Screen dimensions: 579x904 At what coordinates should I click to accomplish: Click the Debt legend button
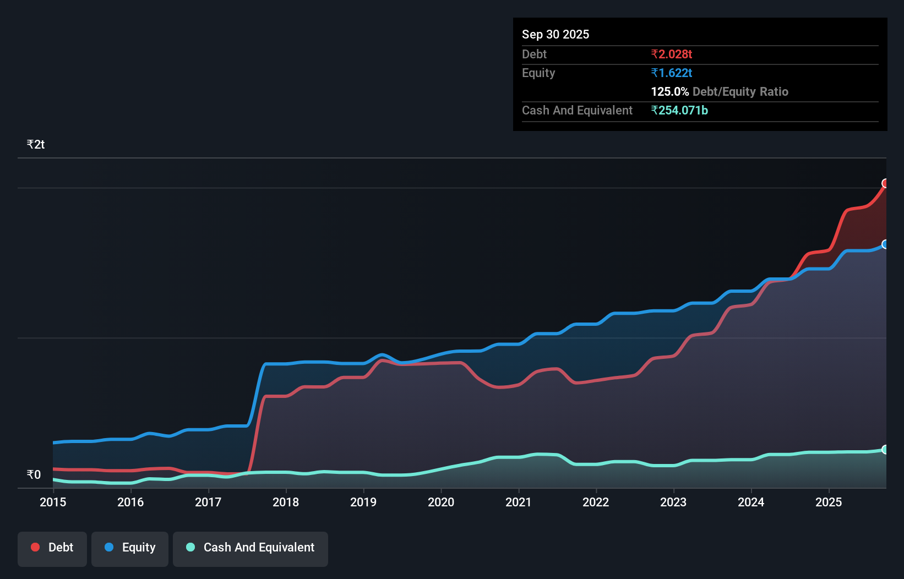(52, 548)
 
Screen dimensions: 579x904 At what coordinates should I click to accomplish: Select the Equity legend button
(130, 548)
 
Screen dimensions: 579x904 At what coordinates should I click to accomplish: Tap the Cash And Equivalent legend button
(250, 548)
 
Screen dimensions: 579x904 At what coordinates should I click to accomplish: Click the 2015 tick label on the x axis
(53, 502)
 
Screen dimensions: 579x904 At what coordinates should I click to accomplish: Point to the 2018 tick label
(286, 502)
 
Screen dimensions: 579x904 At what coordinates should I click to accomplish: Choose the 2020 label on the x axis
(441, 502)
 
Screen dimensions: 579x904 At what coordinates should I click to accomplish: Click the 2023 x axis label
(673, 502)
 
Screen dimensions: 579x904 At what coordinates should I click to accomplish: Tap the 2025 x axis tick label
(829, 502)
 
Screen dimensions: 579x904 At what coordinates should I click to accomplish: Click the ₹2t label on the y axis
(36, 145)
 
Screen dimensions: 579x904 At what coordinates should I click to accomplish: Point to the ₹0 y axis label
(34, 474)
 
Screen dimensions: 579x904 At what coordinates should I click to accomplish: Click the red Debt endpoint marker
(885, 183)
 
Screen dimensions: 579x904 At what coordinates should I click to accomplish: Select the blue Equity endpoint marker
(885, 244)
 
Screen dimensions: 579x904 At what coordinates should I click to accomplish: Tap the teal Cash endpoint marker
(885, 450)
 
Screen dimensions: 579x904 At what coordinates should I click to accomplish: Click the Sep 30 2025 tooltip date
(556, 35)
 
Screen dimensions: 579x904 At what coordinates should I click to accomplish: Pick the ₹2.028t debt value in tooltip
(671, 54)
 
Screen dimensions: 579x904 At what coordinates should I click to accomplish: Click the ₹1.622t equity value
(671, 73)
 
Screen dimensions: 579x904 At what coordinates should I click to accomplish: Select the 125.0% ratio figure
(670, 92)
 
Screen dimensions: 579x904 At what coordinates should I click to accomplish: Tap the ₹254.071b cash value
(679, 111)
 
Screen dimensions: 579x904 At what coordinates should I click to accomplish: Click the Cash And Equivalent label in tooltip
(577, 111)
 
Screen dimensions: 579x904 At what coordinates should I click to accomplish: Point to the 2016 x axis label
(130, 502)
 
